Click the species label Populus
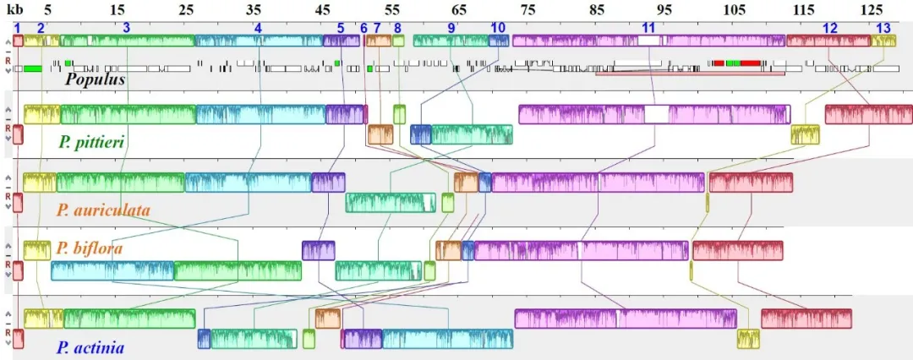click(95, 79)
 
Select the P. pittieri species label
click(91, 142)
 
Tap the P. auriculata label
click(104, 210)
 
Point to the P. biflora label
click(90, 248)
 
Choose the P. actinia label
click(90, 348)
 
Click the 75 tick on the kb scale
click(528, 10)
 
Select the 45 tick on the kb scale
click(322, 10)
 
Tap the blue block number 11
click(648, 27)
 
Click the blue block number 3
click(126, 27)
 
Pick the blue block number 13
click(883, 27)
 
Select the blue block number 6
click(364, 27)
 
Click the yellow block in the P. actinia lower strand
click(748, 339)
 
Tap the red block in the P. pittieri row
click(869, 114)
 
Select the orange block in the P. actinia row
click(328, 319)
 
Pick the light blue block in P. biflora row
click(112, 271)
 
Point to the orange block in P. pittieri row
click(380, 134)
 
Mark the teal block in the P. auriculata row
click(391, 203)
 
